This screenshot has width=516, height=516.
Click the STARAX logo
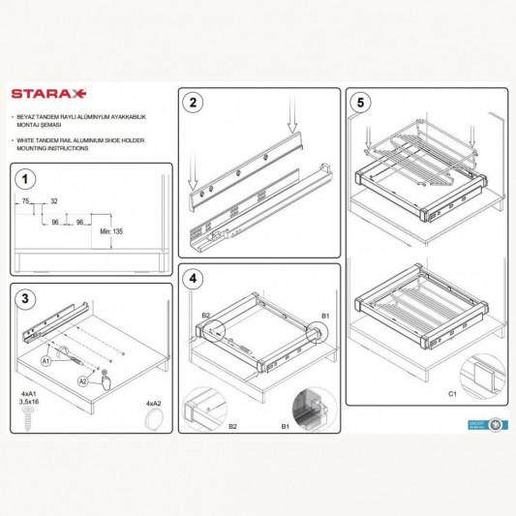coord(49,95)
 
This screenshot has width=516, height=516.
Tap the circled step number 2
coord(194,103)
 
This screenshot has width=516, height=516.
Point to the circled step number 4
coord(194,278)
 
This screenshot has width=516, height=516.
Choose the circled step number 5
coord(361,102)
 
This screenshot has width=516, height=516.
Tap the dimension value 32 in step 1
coord(54,201)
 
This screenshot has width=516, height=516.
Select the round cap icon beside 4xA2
coord(153,418)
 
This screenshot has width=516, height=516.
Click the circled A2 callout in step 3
coord(84,381)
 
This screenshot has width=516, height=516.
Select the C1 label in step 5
coord(453,395)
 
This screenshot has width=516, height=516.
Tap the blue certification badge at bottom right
coord(496,424)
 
